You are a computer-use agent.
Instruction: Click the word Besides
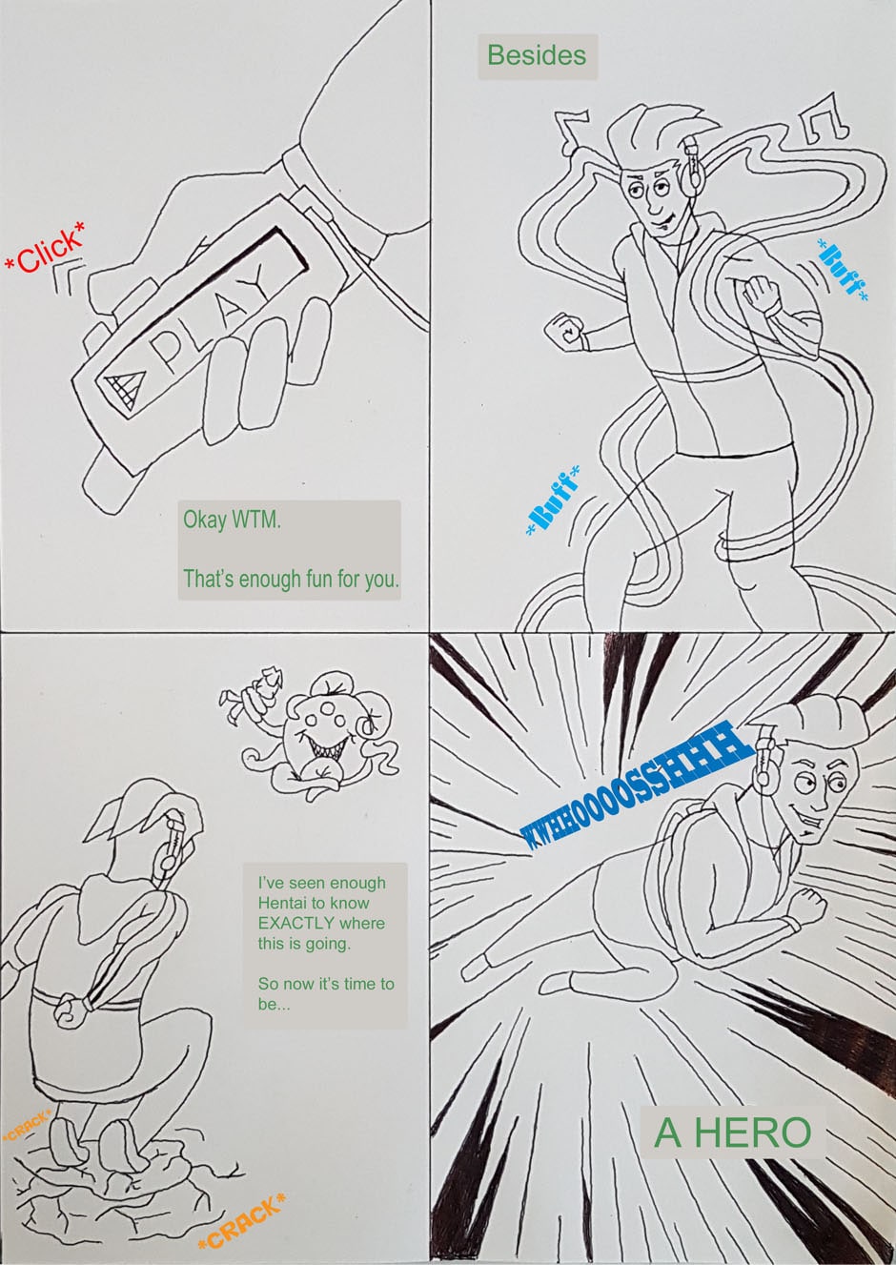point(537,55)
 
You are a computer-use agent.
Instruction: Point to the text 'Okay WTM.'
point(232,520)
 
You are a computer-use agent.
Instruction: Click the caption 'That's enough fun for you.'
point(291,579)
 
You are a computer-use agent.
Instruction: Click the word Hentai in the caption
point(285,903)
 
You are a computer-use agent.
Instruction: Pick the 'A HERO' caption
point(732,1132)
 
